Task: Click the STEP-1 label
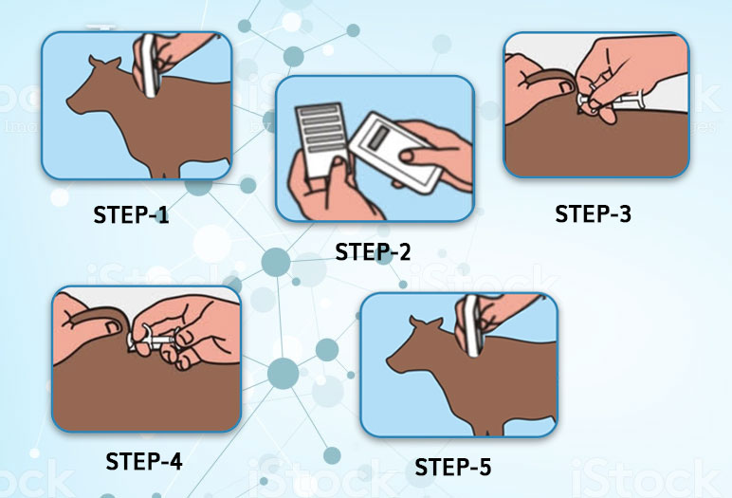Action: (131, 214)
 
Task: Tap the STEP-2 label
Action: (373, 251)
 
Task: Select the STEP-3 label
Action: (593, 213)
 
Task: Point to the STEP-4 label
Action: (144, 461)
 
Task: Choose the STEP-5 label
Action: (453, 467)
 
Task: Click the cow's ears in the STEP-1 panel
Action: (105, 62)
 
